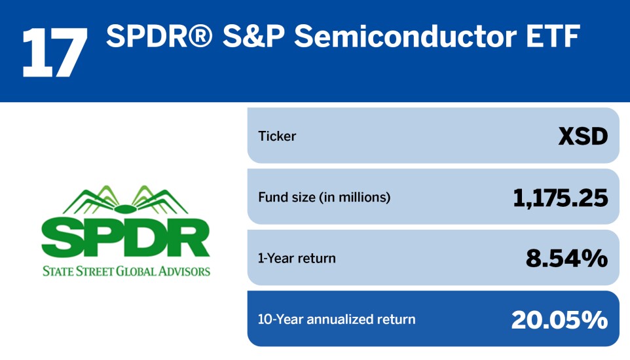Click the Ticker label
coord(278,136)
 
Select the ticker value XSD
coord(583,136)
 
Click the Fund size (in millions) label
coord(324,197)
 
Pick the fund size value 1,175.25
coord(561,197)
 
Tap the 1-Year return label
coord(297,258)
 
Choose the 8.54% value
coord(566,258)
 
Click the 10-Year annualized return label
coord(337,319)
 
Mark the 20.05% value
coord(559,319)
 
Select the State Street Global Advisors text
coord(126,270)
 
